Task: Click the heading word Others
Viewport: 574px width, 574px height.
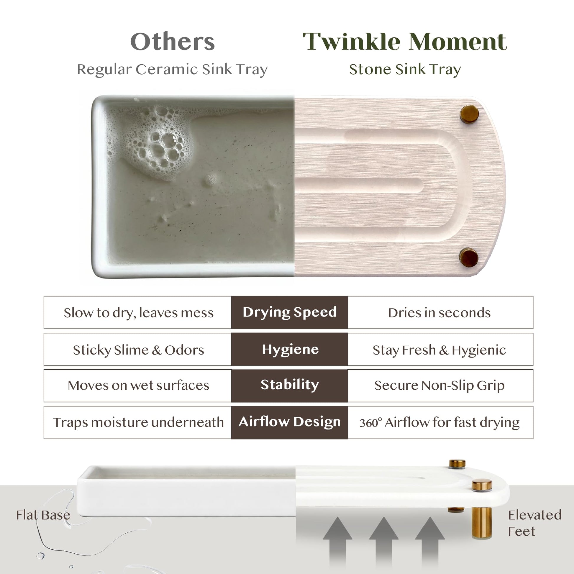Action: click(x=172, y=42)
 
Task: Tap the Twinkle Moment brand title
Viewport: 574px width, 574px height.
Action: click(x=405, y=42)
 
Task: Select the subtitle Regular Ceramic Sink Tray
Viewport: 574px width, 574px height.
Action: click(x=172, y=70)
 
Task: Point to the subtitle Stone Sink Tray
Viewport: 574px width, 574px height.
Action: click(x=405, y=70)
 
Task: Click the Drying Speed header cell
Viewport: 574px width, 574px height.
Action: click(x=289, y=312)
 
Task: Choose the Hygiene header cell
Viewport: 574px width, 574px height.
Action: click(x=289, y=349)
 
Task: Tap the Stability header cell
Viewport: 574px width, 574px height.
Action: click(x=289, y=386)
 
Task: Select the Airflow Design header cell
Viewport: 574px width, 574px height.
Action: click(x=289, y=422)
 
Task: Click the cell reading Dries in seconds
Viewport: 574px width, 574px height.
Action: click(x=440, y=312)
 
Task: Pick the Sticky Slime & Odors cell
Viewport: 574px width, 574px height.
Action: click(x=138, y=349)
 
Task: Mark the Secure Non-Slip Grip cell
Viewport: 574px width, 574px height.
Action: click(x=440, y=386)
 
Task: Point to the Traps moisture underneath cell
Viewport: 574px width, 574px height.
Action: click(x=138, y=422)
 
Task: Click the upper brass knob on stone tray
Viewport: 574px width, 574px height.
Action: click(x=469, y=114)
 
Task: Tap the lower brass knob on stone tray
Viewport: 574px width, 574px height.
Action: click(x=469, y=257)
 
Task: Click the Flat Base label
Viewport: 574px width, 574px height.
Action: click(x=43, y=515)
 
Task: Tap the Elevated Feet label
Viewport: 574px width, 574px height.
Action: click(x=534, y=523)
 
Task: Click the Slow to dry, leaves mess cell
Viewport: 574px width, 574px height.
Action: click(x=138, y=312)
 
